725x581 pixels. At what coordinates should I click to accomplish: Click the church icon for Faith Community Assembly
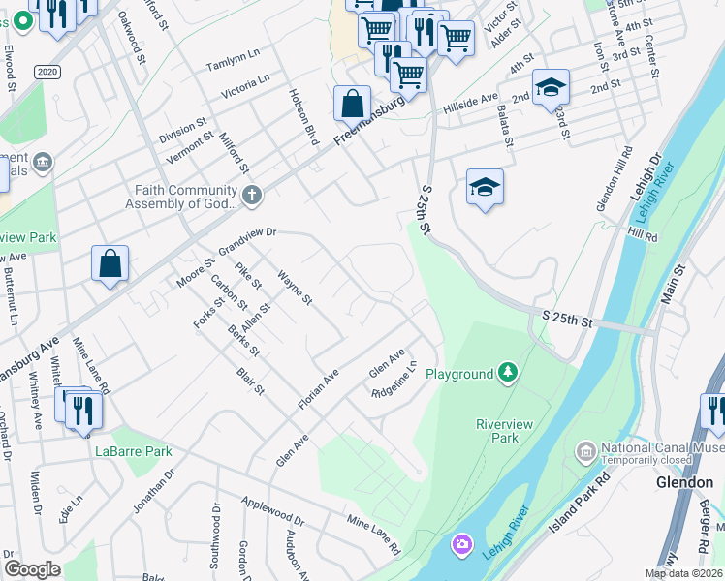point(251,196)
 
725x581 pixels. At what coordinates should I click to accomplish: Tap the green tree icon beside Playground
point(506,373)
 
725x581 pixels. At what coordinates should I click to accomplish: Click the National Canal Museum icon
point(585,451)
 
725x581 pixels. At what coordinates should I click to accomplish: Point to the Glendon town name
point(684,481)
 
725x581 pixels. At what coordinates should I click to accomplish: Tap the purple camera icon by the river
point(460,546)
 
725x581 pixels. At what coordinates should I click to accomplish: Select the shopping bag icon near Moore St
point(110,262)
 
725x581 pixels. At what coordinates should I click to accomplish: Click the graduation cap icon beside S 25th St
point(485,186)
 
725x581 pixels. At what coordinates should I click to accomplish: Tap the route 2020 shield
point(46,73)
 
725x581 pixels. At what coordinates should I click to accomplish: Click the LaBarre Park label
point(133,451)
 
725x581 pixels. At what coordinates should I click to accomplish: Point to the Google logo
point(32,568)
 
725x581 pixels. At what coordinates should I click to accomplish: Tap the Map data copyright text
point(682,573)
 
